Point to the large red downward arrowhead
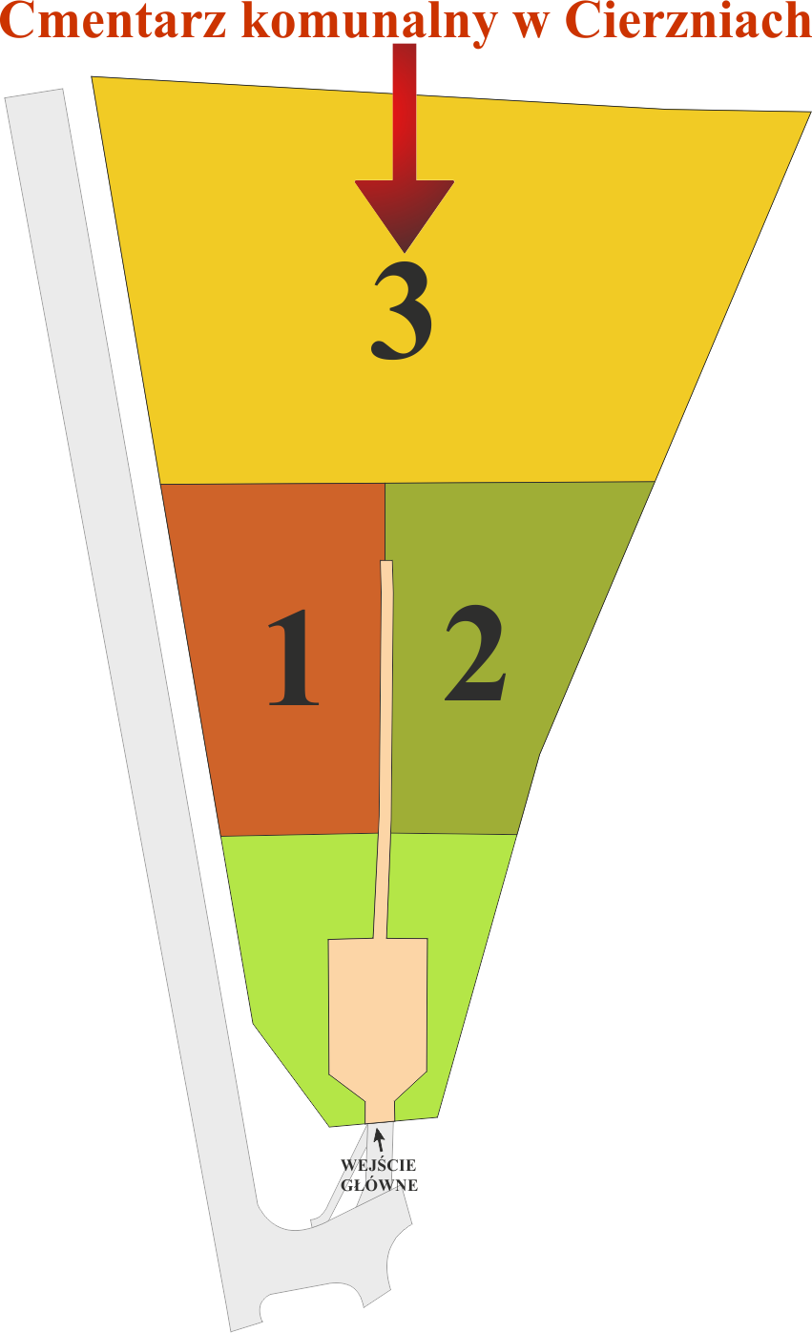pyautogui.click(x=405, y=212)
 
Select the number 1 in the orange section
pyautogui.click(x=293, y=658)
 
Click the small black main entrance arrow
pyautogui.click(x=380, y=1137)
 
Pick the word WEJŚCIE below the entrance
pyautogui.click(x=379, y=1165)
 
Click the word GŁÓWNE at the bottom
pyautogui.click(x=379, y=1185)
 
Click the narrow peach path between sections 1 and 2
pyautogui.click(x=385, y=744)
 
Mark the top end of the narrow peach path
pyautogui.click(x=386, y=565)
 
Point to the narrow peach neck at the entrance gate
pyautogui.click(x=380, y=1110)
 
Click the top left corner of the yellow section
pyautogui.click(x=93, y=77)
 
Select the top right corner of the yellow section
pyautogui.click(x=809, y=113)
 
